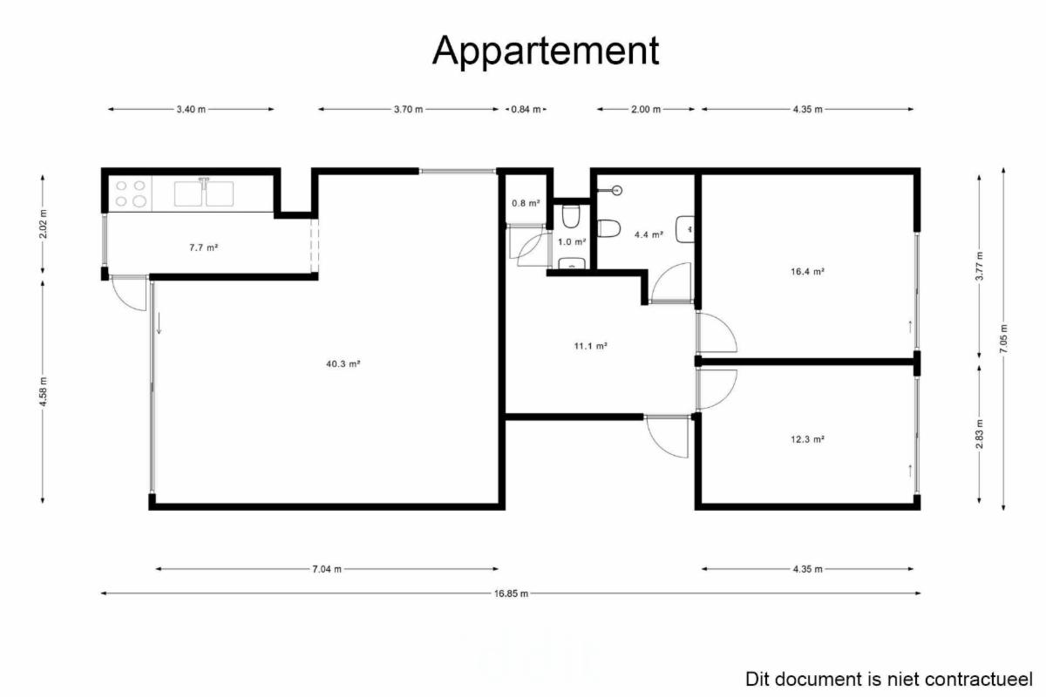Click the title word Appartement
point(546,51)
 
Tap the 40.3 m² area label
point(343,363)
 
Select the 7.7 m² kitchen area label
point(204,247)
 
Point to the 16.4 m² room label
point(807,271)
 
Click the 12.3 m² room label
point(807,439)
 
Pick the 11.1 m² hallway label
point(590,346)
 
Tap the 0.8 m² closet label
point(526,203)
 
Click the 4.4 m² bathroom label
point(649,235)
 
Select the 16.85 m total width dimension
point(511,593)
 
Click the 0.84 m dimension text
point(526,109)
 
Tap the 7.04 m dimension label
point(327,569)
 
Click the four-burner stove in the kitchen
point(130,193)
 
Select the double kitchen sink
point(204,193)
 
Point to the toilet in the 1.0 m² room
point(571,216)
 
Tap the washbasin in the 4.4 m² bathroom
point(685,229)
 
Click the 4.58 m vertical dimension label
point(43,391)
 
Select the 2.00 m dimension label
point(646,109)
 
